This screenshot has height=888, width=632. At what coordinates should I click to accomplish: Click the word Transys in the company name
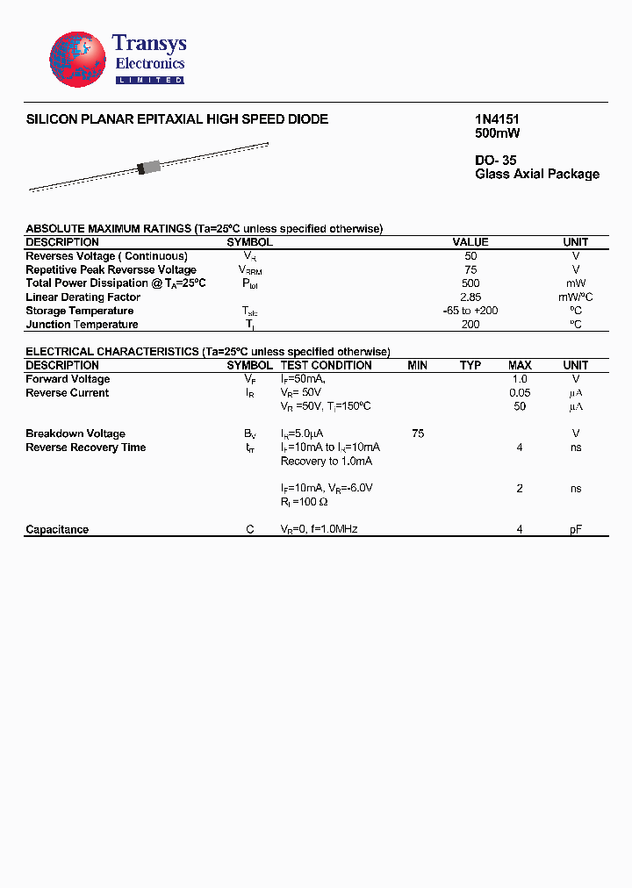pos(149,45)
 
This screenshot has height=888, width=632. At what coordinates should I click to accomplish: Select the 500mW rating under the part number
pos(498,133)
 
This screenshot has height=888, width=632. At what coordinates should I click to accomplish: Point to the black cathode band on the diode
pos(140,169)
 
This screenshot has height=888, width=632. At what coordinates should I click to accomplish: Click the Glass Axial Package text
pos(537,174)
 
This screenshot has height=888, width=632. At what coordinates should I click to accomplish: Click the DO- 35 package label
pos(496,161)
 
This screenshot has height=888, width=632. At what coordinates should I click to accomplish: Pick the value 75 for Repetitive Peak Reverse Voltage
pos(470,269)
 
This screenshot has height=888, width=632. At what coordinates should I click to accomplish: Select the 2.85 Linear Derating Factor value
pos(470,297)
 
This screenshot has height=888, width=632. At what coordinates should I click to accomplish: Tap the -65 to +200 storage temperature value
pos(470,311)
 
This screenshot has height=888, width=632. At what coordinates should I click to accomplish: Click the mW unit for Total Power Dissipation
pos(576,283)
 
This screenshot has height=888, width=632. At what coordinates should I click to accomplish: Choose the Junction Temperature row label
pos(82,325)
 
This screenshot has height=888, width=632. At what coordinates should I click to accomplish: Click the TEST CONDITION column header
pos(326,365)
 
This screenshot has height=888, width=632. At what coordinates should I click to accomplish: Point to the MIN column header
pos(418,365)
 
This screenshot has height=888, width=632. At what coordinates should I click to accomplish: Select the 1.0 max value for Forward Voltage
pos(520,379)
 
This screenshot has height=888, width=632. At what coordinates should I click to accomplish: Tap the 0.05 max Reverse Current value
pos(520,393)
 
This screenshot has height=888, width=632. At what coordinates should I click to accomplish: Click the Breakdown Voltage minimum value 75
pos(418,433)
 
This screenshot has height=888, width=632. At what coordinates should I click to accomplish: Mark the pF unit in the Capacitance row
pos(576,529)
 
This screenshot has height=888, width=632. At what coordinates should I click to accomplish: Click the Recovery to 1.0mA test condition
pos(327,461)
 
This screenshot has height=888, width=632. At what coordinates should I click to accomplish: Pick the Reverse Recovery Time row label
pos(86,448)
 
